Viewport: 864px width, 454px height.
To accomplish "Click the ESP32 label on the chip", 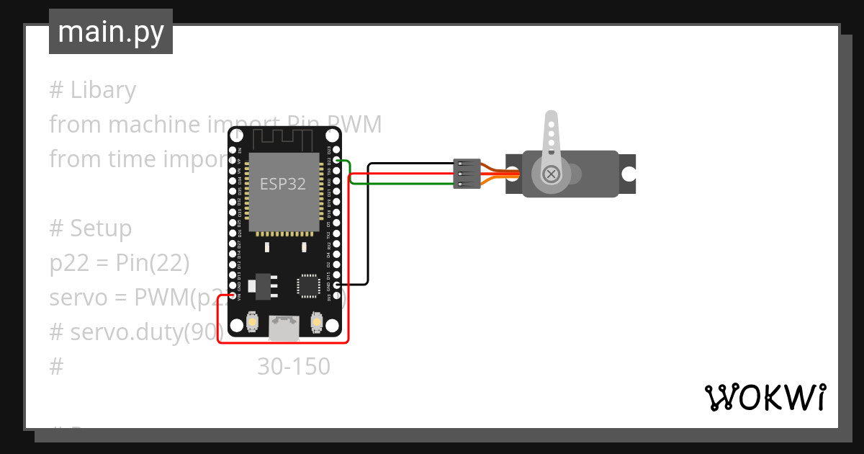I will click(x=283, y=184).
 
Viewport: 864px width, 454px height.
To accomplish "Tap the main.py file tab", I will click(x=111, y=32).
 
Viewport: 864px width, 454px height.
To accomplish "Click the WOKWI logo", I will click(x=765, y=397).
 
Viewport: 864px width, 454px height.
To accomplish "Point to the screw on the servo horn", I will click(x=552, y=174).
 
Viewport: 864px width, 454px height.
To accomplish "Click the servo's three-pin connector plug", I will click(x=467, y=174).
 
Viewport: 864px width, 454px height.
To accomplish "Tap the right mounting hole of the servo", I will click(x=629, y=174).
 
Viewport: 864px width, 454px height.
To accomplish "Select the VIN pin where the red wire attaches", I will click(x=232, y=295).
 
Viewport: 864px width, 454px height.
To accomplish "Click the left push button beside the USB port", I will click(x=251, y=321).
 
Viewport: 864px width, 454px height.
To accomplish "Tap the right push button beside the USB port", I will click(x=315, y=321).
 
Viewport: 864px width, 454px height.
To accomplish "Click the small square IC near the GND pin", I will click(x=308, y=285).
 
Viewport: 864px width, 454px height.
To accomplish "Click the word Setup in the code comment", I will click(x=101, y=228).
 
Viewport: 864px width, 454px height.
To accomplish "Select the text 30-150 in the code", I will click(x=294, y=367).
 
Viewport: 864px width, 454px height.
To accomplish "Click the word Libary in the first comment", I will click(x=103, y=90).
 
